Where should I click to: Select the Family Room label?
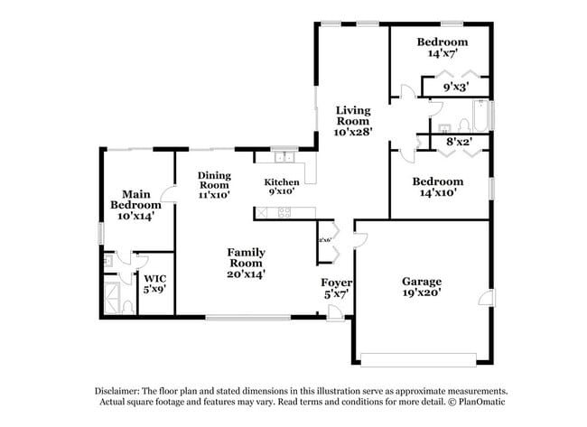246,262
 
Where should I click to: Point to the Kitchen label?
281,185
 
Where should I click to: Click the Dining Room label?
214,184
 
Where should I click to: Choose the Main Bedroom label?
135,204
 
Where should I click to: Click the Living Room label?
353,119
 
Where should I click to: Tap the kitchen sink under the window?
284,154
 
